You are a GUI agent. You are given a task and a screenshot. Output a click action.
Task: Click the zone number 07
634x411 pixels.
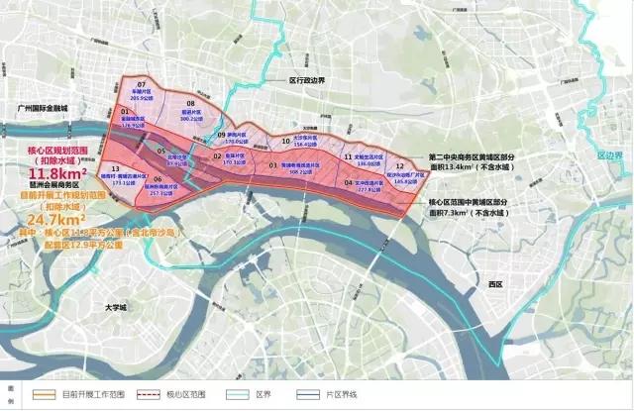(142, 84)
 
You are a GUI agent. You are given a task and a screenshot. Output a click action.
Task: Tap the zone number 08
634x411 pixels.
(190, 103)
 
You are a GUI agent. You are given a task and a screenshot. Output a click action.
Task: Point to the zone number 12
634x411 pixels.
(398, 165)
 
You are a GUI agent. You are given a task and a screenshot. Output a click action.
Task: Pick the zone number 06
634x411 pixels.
(158, 179)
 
